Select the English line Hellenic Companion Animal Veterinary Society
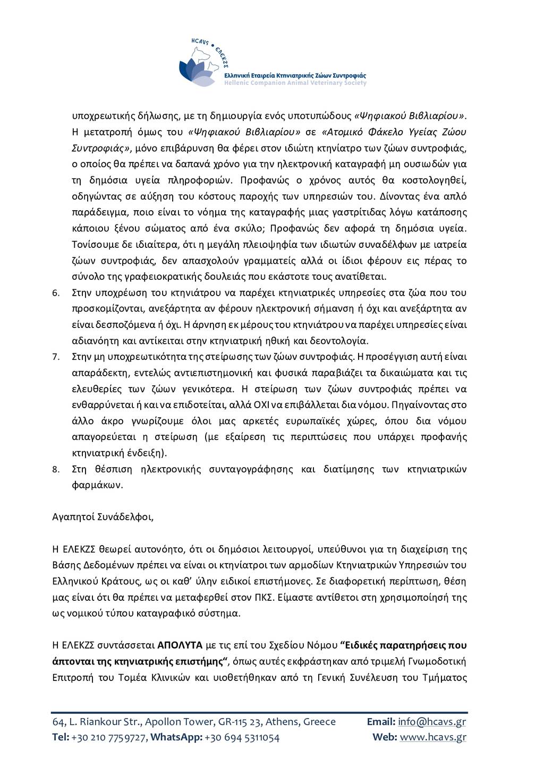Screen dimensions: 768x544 pyautogui.click(x=295, y=83)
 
